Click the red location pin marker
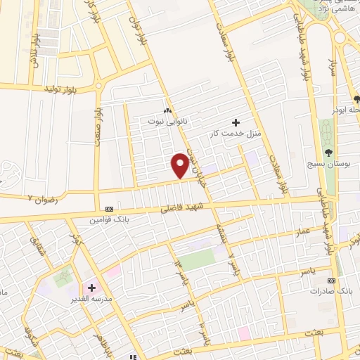tap(180, 165)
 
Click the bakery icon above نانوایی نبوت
tap(167, 110)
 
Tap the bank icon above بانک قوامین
tap(109, 209)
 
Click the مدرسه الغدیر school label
tap(94, 298)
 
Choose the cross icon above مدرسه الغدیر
tap(91, 288)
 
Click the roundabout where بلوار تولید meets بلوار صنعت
tap(101, 89)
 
